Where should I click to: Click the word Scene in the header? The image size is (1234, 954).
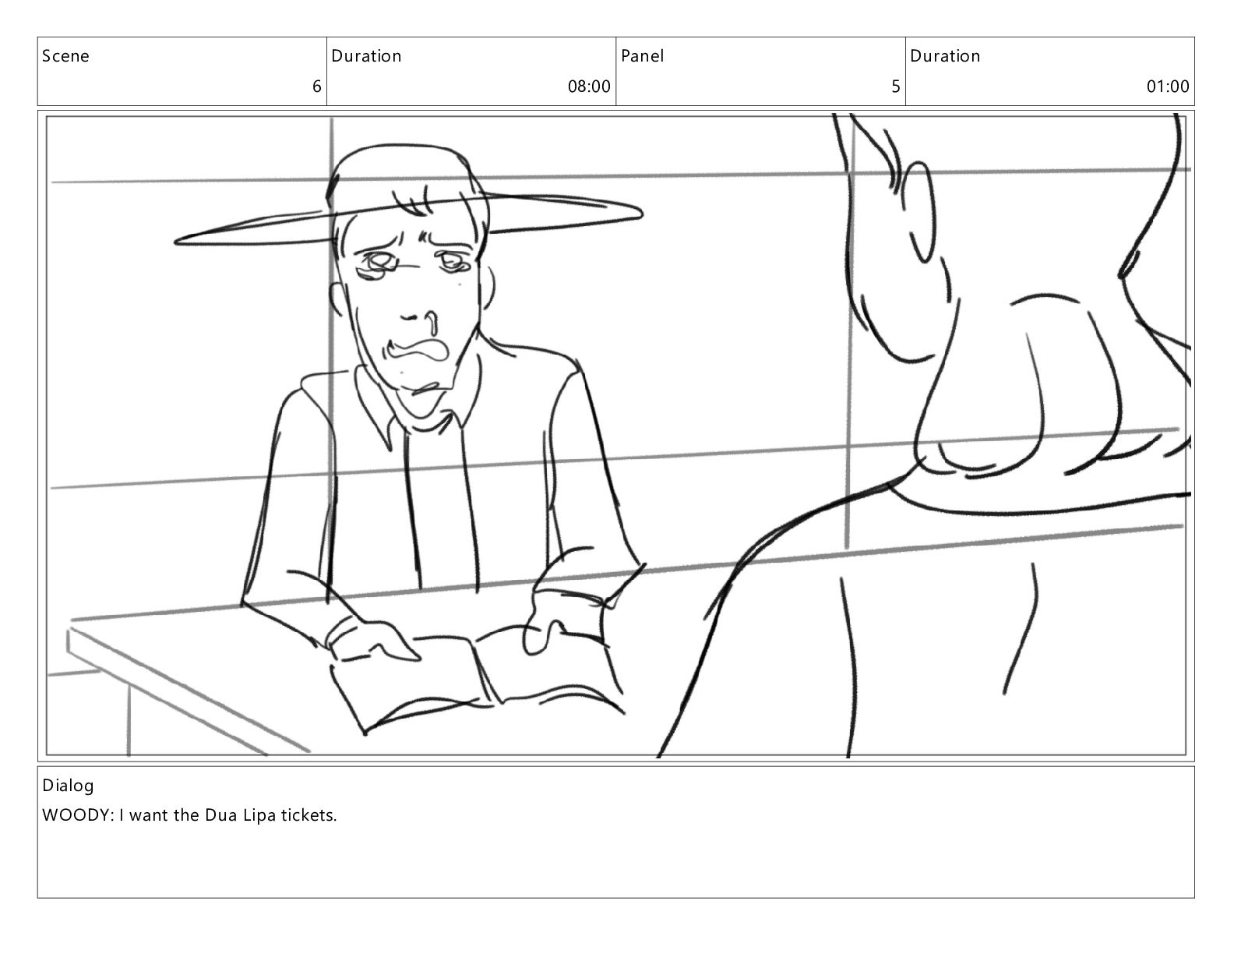pos(65,55)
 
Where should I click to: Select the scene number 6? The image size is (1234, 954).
pos(317,87)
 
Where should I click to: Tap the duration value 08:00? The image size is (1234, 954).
pos(589,87)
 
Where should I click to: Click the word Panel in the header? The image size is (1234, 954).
pos(642,55)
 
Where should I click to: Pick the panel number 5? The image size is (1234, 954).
pos(896,87)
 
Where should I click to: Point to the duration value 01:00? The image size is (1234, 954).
pos(1168,87)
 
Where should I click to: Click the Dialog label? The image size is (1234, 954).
pos(68,786)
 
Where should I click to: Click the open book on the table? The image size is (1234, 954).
pos(477,677)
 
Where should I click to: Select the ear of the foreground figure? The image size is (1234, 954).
pos(918,211)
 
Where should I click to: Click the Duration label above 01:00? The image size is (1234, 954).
pos(945,55)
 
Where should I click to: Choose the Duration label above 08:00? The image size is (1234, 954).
pos(366,55)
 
